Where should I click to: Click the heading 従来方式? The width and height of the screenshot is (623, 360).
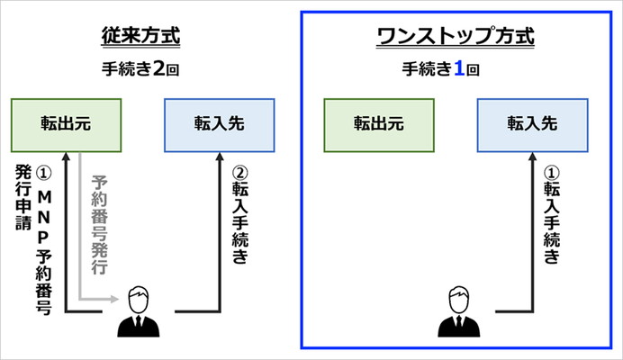pos(140,36)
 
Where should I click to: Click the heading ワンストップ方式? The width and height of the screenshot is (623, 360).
pos(456,36)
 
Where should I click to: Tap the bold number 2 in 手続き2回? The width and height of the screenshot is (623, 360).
pos(159,68)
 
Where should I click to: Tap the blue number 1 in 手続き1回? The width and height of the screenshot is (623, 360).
pos(459,68)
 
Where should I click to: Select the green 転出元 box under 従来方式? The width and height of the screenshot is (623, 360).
pos(66,125)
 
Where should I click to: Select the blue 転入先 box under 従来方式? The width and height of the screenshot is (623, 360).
pos(220,125)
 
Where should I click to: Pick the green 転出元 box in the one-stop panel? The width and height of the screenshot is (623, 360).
pos(379,125)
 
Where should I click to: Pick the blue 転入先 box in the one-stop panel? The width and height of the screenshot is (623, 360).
pos(532,125)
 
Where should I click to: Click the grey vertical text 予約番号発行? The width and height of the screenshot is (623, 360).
pos(99,224)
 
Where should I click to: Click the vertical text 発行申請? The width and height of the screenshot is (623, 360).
pos(23,197)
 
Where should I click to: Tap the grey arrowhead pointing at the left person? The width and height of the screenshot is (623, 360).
pos(114,299)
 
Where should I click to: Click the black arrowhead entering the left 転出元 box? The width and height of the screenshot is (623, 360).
pos(67,157)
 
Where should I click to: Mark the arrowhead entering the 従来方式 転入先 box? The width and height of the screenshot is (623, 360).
pos(220,157)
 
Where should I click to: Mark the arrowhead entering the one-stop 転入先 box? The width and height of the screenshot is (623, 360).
pos(533,157)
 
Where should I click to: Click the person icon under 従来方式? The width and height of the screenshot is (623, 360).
pos(139,312)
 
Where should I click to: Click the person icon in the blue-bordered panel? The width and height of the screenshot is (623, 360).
pos(459,312)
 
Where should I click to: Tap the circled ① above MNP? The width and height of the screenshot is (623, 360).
pos(43,173)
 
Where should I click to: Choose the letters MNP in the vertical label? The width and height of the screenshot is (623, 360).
pos(44,218)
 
